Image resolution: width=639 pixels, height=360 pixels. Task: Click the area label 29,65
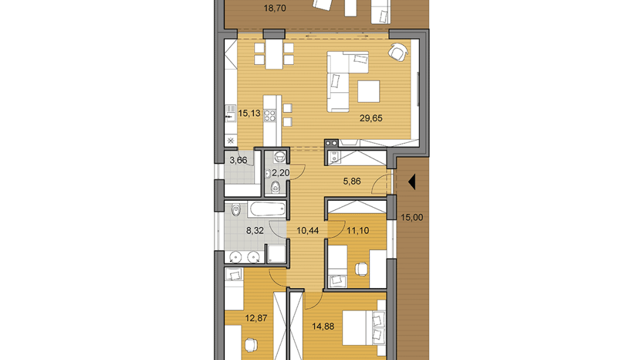pyautogui.click(x=370, y=117)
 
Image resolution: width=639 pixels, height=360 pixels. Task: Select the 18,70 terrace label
pyautogui.click(x=273, y=9)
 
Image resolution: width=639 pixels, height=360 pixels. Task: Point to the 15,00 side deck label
pyautogui.click(x=412, y=217)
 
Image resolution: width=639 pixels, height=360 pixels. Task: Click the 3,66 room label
pyautogui.click(x=238, y=160)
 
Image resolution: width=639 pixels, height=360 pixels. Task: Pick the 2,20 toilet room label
pyautogui.click(x=280, y=172)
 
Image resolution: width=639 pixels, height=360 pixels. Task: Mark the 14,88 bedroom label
pyautogui.click(x=324, y=327)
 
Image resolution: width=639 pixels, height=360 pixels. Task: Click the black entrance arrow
pyautogui.click(x=411, y=183)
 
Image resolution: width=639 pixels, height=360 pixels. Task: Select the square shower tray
pyautogui.click(x=276, y=255)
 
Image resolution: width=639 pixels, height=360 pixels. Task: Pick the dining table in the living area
pyautogui.click(x=274, y=54)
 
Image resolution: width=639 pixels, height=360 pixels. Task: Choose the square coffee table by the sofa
pyautogui.click(x=368, y=92)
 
